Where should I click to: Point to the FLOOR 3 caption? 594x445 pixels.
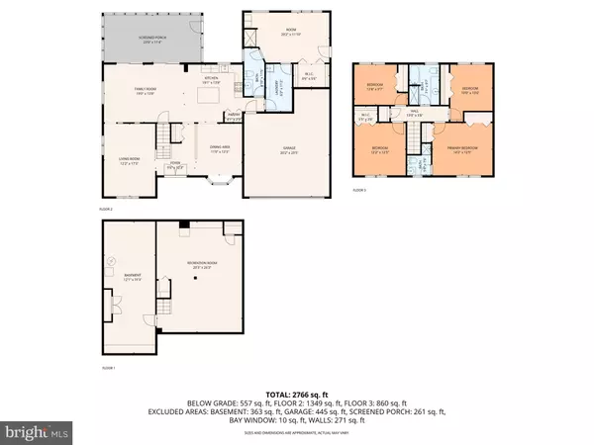pos(361,189)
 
